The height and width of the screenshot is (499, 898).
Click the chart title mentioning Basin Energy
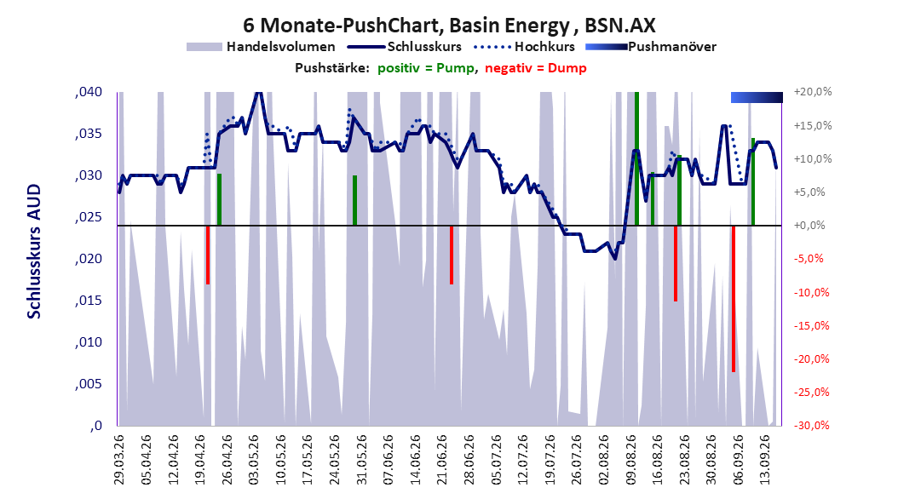coord(449,26)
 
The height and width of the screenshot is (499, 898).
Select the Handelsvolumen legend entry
coord(262,47)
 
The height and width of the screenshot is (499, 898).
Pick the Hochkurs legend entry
coord(524,47)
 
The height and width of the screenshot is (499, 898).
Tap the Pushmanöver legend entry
coord(651,47)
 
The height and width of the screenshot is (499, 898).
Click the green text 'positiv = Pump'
coord(425,68)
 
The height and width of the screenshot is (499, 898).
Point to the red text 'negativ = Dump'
coord(536,68)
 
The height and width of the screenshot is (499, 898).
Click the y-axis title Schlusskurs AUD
coord(34,251)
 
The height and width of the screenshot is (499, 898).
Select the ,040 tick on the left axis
coord(89,92)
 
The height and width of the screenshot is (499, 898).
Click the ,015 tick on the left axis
coord(89,301)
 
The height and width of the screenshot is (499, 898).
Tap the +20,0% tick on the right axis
coord(813,92)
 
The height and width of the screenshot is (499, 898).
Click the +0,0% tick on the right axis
coord(809,226)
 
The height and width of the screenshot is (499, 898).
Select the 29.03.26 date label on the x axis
coord(119,460)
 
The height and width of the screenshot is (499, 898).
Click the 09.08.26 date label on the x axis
coord(631,460)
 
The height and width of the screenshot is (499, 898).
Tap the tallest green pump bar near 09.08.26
coord(636,158)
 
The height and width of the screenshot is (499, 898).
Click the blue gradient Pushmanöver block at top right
coord(757,97)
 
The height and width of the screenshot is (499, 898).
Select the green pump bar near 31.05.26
coord(355,200)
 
